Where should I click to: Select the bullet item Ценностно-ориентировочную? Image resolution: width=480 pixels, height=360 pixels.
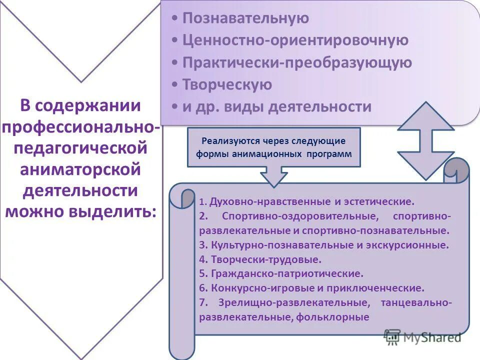click(295, 40)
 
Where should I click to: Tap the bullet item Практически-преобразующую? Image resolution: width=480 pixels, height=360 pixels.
click(297, 62)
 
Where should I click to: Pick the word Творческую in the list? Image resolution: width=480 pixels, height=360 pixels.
click(227, 84)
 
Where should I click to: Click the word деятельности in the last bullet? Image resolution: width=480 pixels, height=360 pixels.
click(320, 106)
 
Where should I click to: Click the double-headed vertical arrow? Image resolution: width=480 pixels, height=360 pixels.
click(425, 140)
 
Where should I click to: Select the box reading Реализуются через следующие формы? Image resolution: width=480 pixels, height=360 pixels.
click(273, 147)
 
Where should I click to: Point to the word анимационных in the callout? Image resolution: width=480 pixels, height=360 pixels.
click(265, 154)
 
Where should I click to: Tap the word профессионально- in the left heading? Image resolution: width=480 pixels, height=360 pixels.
click(81, 127)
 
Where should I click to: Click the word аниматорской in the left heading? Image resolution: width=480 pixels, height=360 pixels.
click(80, 169)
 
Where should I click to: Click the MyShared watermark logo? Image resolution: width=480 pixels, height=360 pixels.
click(422, 337)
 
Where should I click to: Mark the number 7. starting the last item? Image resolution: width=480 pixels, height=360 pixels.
click(202, 302)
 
